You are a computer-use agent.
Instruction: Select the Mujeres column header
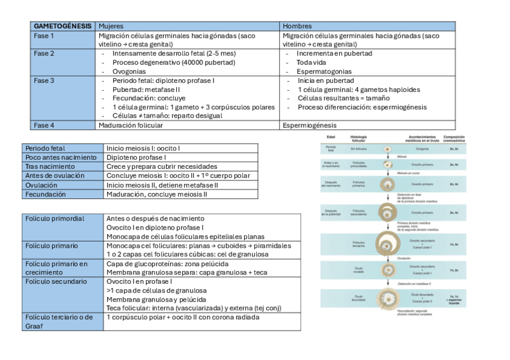(x=111, y=26)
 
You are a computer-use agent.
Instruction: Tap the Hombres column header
(x=297, y=26)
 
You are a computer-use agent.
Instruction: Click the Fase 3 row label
(x=44, y=80)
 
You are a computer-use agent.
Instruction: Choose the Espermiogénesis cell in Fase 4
(x=310, y=126)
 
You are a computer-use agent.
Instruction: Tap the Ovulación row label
(x=42, y=185)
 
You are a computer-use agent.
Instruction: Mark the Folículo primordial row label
(x=55, y=218)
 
